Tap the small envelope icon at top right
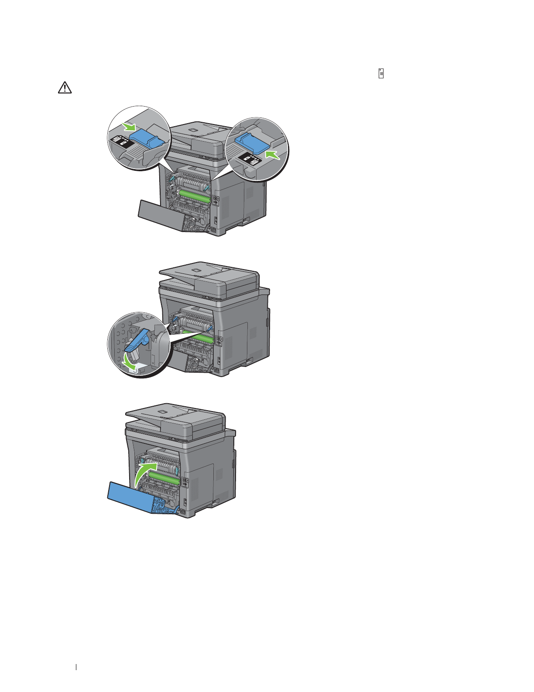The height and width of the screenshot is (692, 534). tap(381, 74)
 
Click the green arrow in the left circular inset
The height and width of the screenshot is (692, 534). tap(130, 127)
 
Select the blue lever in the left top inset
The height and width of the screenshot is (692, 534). tap(147, 139)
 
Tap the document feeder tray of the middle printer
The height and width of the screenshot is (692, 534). tap(205, 275)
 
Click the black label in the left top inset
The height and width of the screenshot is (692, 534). tap(120, 142)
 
